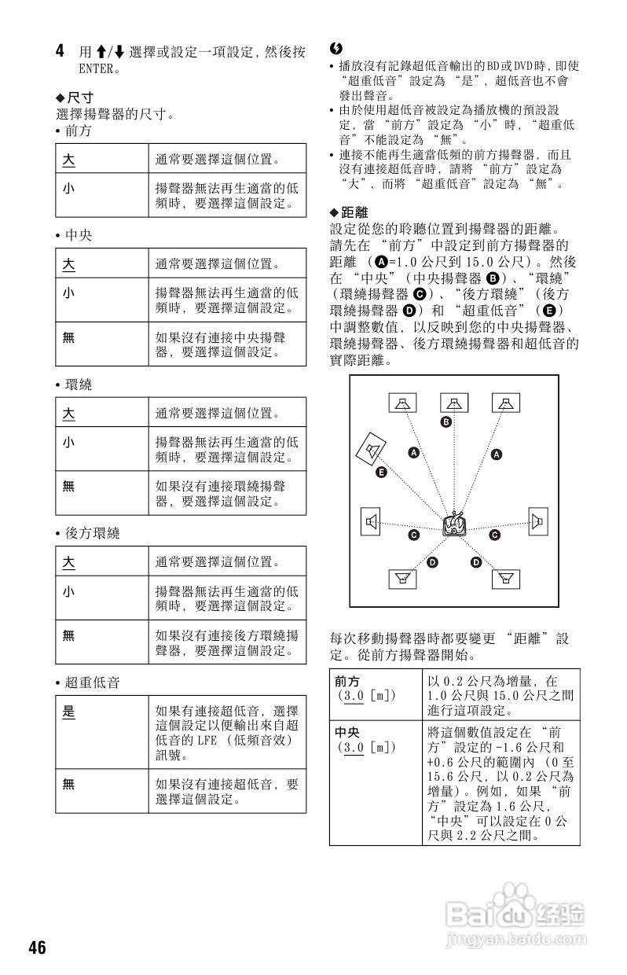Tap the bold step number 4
click(60, 52)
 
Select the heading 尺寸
click(80, 97)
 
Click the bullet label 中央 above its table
click(79, 235)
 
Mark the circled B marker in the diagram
click(445, 422)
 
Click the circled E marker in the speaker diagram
click(381, 472)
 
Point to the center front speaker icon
click(453, 403)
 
